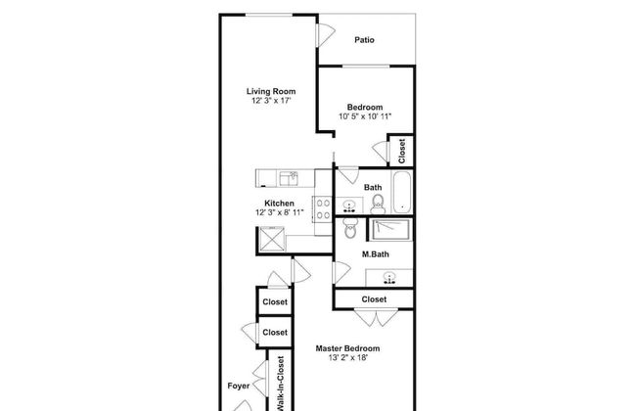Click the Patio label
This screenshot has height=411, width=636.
point(364,40)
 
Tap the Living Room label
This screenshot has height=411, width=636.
point(271,91)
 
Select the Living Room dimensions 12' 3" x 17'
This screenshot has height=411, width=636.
point(271,101)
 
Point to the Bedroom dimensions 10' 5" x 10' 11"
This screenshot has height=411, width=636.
point(365,116)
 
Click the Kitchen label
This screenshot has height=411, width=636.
point(279,204)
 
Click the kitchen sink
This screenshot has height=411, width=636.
point(289,178)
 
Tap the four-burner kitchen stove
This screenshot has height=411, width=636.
point(323,209)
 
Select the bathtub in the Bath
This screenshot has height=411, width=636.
point(402,192)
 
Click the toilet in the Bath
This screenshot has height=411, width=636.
point(378,205)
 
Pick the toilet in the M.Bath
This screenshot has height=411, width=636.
point(349,228)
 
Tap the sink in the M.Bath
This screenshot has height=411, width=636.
point(389,278)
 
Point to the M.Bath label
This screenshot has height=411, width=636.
point(375,254)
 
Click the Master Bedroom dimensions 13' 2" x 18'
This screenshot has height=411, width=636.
point(348,357)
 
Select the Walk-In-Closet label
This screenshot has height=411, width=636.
point(281,384)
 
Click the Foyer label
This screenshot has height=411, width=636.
point(239,386)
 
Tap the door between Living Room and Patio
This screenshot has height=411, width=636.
point(325,35)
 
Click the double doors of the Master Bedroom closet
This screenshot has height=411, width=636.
point(376,318)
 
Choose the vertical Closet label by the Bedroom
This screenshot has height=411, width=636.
point(401,151)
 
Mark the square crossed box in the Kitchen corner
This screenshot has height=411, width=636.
point(272,239)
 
